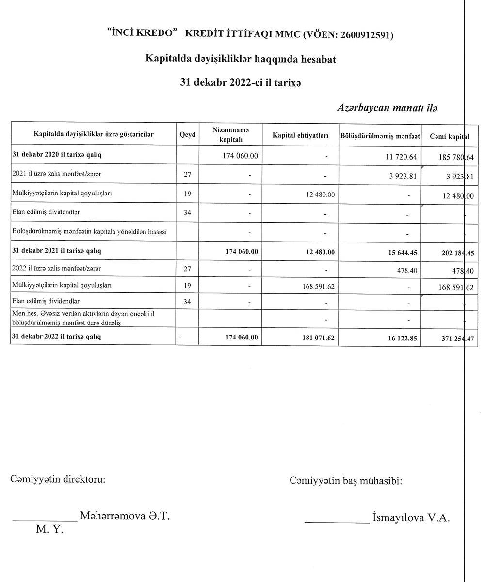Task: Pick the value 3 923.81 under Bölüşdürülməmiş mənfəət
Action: [403, 176]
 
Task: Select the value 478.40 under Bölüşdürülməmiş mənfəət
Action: [407, 270]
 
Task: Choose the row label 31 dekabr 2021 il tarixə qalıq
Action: [57, 251]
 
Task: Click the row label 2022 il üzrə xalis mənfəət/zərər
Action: [57, 268]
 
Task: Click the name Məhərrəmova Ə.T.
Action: [125, 516]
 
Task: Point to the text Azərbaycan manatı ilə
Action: [387, 107]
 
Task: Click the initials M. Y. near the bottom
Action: [49, 529]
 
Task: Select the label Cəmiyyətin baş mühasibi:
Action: [345, 481]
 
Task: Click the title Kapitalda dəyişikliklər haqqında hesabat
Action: [241, 59]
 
